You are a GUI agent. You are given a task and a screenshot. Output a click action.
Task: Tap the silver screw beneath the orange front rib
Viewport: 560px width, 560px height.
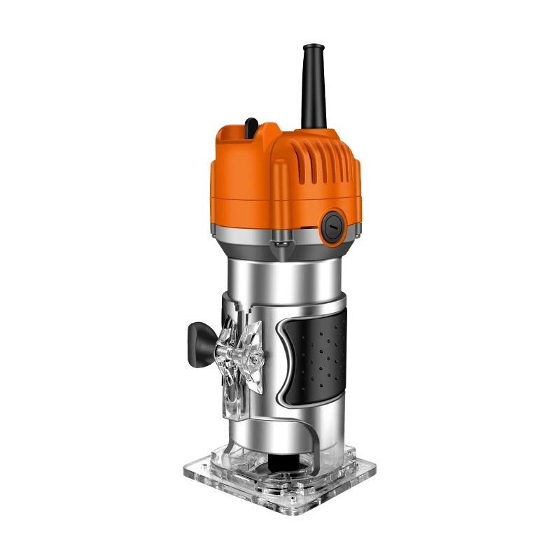(x=281, y=242)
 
